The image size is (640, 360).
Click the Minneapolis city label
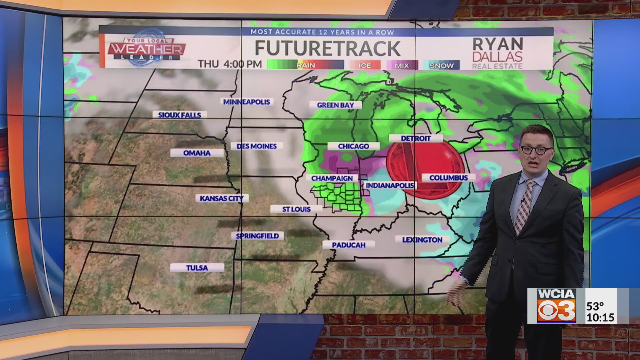pos(247,102)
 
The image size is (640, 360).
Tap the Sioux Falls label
pos(179,115)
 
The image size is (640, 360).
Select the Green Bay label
pos(335,105)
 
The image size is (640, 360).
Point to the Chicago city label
pos(353,146)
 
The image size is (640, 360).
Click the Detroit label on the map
pos(416,138)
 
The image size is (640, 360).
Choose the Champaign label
pos(332,178)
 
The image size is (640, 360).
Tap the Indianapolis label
pos(390,185)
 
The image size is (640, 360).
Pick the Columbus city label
pos(448,178)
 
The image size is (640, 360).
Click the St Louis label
pos(296,209)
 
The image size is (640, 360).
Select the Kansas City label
pos(222,198)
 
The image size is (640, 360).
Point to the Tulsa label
pos(197,268)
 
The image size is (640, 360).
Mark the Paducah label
pos(349,245)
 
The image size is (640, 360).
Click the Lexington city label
pos(422,240)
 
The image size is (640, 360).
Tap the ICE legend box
pos(365,65)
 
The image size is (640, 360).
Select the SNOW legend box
pos(441,65)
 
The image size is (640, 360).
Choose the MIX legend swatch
pos(402,65)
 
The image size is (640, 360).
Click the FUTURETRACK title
pos(327,48)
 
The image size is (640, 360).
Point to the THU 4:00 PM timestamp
pos(230,64)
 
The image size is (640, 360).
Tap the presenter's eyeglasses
pos(536,150)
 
